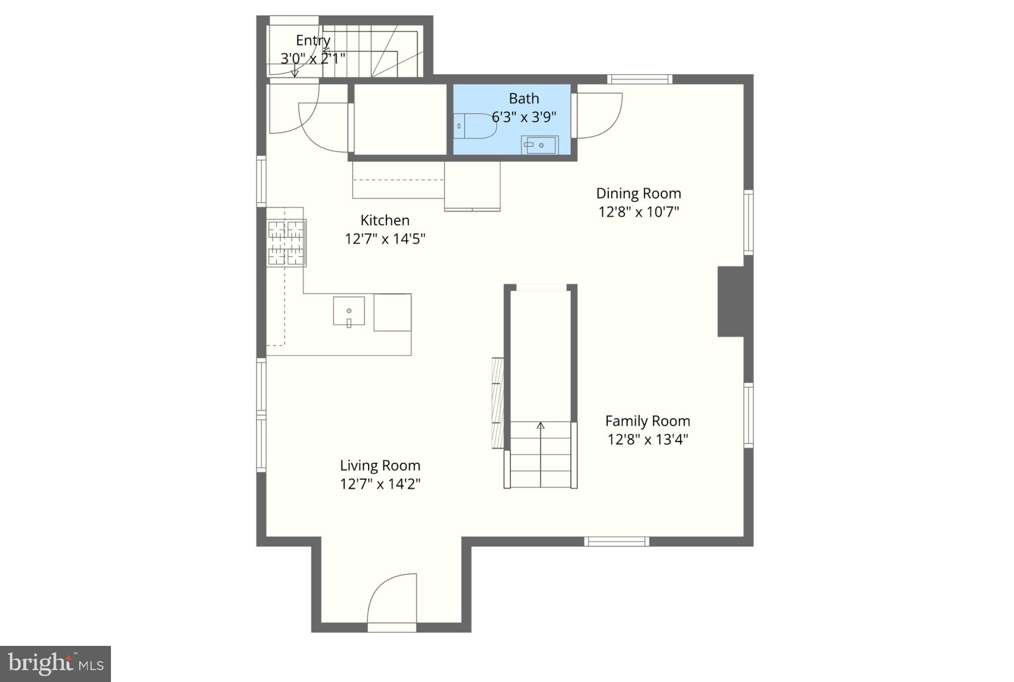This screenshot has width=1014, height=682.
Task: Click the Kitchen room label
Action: point(385,220)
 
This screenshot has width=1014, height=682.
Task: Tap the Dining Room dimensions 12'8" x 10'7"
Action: point(639,212)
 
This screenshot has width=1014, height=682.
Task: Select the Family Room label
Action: point(647,421)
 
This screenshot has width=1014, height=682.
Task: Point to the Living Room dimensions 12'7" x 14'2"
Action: point(380,484)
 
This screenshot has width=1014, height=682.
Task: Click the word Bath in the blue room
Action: point(524,98)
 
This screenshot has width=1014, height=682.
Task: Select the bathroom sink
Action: point(539,145)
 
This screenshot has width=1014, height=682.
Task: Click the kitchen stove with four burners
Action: point(286,243)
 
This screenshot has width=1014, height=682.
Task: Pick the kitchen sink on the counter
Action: point(349,311)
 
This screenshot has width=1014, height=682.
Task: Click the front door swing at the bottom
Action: point(391,599)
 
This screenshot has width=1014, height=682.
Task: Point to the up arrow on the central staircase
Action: point(540,426)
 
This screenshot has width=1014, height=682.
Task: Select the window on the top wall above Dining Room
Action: point(640,79)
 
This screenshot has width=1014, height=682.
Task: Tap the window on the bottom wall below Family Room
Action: point(616,541)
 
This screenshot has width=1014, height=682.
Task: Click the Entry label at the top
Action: point(313,41)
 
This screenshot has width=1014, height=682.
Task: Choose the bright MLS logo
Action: point(55,664)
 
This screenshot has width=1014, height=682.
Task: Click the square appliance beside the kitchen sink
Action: point(392,312)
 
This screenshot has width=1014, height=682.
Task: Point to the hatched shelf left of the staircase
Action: point(497,403)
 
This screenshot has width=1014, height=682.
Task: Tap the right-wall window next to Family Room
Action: point(748,415)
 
